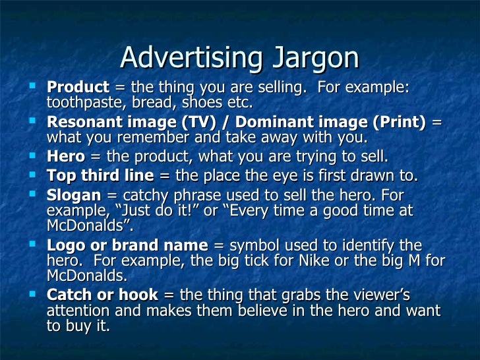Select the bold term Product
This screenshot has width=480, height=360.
coord(78,88)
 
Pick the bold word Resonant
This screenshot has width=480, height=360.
coord(84,123)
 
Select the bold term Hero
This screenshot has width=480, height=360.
coord(66,157)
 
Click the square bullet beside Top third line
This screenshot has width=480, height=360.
coord(35,175)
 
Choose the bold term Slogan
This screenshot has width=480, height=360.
coord(73,196)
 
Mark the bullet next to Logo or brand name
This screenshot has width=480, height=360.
coord(35,244)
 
